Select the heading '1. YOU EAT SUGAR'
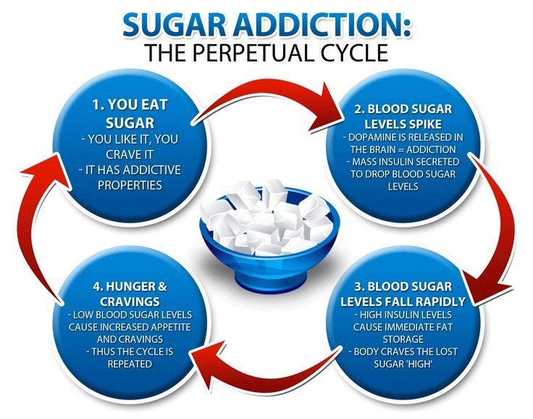click(130, 114)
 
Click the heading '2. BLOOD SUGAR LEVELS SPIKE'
click(403, 117)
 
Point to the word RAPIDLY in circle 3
click(442, 302)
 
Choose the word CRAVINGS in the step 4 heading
click(130, 302)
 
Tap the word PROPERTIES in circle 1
click(130, 185)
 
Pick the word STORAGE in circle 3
click(403, 339)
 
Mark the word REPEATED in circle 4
click(130, 364)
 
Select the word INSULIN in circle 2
click(398, 162)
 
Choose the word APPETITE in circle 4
click(171, 327)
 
